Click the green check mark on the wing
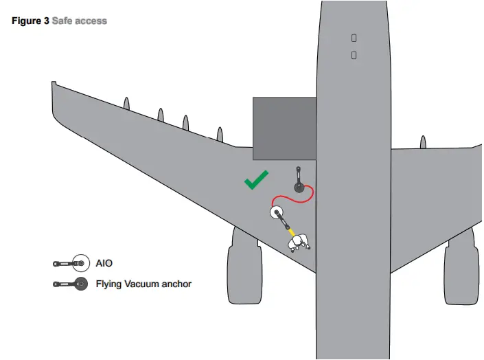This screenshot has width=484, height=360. [256, 181]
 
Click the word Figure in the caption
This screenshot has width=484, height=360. [26, 21]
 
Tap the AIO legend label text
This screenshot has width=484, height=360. [104, 263]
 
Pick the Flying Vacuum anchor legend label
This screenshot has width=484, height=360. [143, 284]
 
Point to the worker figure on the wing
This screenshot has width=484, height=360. [300, 241]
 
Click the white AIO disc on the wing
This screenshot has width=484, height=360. [277, 212]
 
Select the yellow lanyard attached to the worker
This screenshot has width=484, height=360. [290, 228]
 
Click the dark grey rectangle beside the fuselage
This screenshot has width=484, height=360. [284, 128]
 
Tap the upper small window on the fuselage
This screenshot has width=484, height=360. [354, 38]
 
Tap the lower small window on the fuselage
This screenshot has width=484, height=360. [354, 54]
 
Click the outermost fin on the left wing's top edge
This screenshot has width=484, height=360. [126, 103]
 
